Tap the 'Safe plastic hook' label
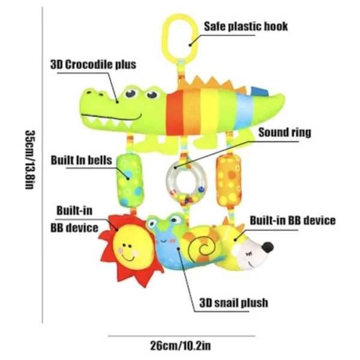click(x=245, y=26)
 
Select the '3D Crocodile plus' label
click(x=93, y=65)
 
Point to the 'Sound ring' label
click(x=284, y=133)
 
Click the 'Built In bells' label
click(x=81, y=160)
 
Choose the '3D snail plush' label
click(x=234, y=302)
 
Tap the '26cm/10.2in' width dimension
click(x=181, y=346)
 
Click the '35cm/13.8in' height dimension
click(x=31, y=160)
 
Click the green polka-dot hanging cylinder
click(x=130, y=181)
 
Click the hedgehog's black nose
click(x=268, y=247)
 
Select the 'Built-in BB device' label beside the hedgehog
click(x=293, y=220)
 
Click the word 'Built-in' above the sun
click(x=74, y=211)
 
